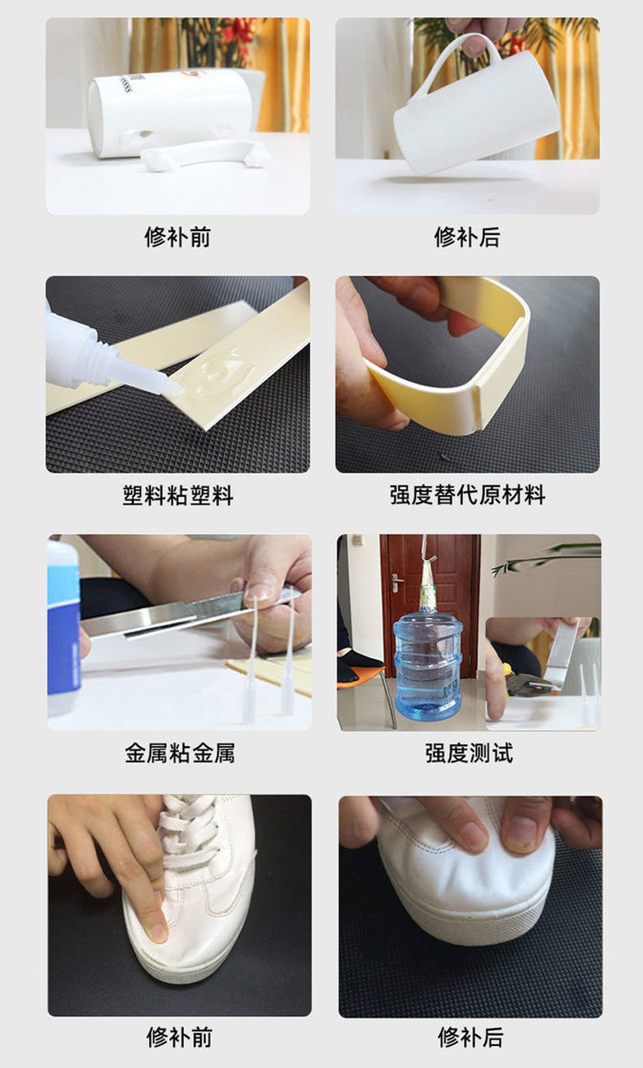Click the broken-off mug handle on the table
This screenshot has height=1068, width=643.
[203, 153]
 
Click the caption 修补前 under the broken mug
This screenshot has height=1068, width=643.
[177, 238]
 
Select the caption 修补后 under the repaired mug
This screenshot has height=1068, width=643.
[467, 238]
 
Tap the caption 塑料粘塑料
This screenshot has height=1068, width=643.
[177, 495]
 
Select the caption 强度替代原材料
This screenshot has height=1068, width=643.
[467, 495]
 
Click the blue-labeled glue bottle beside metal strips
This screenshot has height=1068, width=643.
[63, 626]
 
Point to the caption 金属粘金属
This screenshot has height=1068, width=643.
[179, 753]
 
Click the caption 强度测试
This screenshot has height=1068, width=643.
[469, 753]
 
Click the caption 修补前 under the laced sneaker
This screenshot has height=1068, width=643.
[179, 1037]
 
